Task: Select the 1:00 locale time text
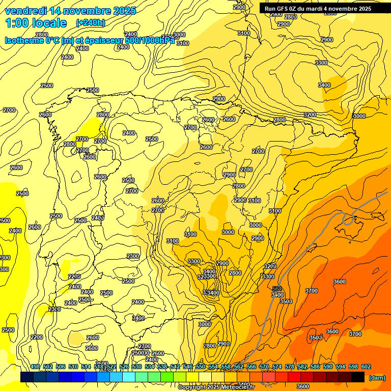(36, 23)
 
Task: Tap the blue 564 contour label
(277, 289)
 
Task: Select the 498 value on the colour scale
(35, 367)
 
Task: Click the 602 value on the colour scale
(366, 367)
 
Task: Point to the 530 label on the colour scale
(137, 367)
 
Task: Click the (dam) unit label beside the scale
(377, 377)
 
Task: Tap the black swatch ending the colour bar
(357, 377)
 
